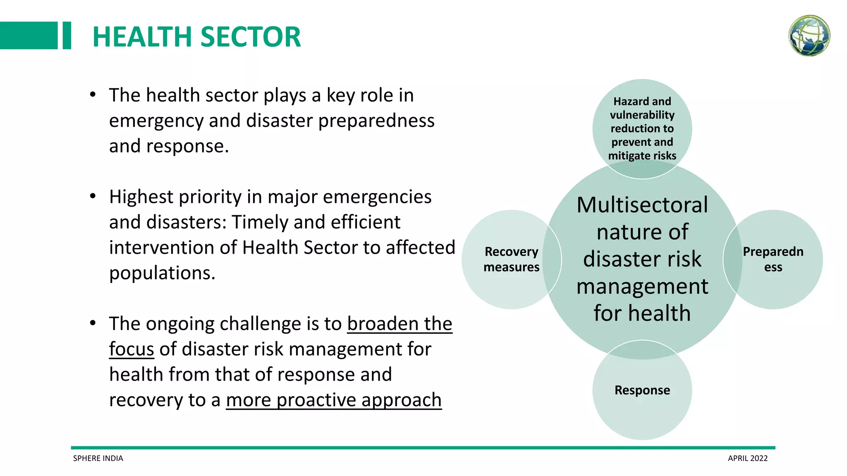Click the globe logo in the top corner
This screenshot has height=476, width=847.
point(809,36)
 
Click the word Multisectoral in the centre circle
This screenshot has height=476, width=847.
point(642,205)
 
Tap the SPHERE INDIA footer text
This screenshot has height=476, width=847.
point(98,458)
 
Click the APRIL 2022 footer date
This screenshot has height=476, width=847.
point(747,458)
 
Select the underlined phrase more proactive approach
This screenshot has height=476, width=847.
point(333,400)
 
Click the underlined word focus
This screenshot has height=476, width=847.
point(132,349)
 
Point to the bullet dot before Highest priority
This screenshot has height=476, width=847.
point(93,196)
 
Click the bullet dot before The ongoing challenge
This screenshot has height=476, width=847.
point(93,323)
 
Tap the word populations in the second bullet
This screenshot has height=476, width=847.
point(162,273)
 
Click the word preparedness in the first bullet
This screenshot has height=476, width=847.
point(376,121)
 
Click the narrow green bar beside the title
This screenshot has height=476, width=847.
point(67,36)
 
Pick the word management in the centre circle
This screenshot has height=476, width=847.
point(642,286)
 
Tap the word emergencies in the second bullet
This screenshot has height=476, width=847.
point(377,197)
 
